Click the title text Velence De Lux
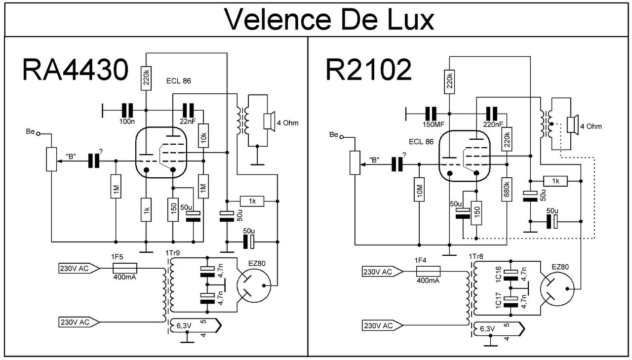coord(329,19)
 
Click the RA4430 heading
coord(76,70)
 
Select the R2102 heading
coord(369,70)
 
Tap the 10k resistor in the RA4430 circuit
coord(203,136)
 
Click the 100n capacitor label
coord(127,121)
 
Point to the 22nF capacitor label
coord(188,121)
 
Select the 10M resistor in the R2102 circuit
coord(419,190)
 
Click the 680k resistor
coord(507,190)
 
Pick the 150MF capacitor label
coord(434,124)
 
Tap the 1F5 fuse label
coord(117,257)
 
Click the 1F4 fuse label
coord(420,260)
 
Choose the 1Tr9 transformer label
coord(172,253)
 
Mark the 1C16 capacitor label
coord(498,274)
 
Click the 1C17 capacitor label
coord(498,300)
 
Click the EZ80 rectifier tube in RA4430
coord(254,285)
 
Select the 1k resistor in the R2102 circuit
coord(555,181)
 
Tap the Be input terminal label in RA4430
coord(30,131)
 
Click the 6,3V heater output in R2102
coord(499,329)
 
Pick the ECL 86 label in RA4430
coord(179,81)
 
